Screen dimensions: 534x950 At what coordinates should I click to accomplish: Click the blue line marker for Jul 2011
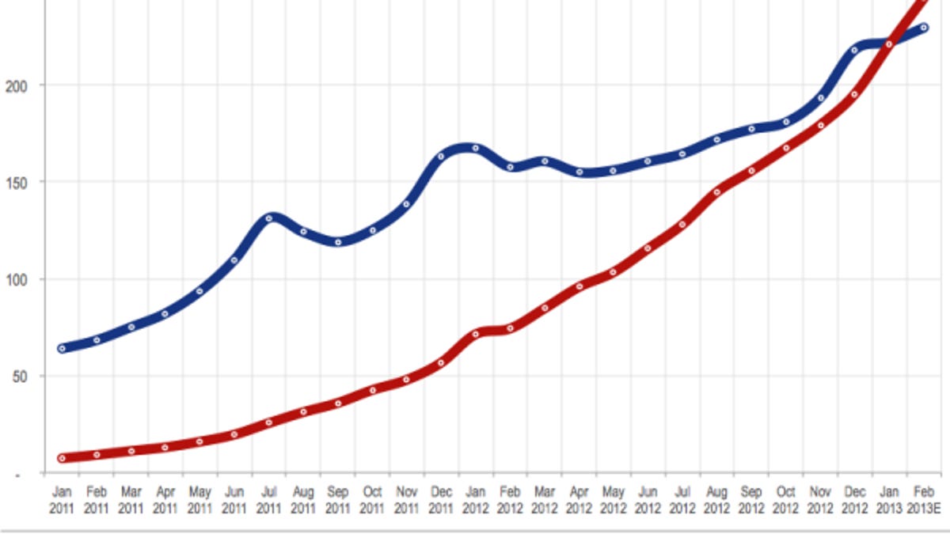268,218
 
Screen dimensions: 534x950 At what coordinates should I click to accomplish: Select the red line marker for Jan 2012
476,334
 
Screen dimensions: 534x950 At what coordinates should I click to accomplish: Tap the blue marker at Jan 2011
62,348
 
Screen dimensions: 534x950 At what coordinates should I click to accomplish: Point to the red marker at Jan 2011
62,458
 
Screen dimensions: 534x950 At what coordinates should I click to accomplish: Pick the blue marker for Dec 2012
854,51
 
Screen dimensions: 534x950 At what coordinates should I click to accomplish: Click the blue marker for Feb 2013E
923,27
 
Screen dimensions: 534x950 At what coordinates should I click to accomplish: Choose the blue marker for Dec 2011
441,156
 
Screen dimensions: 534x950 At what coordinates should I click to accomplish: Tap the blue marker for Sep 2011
338,242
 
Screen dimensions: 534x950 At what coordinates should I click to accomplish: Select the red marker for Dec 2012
854,94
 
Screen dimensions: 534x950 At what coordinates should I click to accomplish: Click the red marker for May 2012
613,272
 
